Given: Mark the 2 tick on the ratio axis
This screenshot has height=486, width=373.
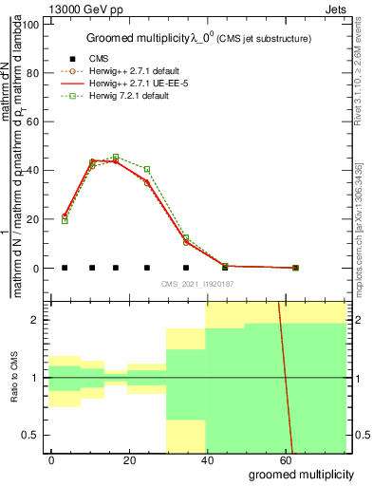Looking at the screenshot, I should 37,320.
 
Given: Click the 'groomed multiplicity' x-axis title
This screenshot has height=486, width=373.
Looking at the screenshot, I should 301,473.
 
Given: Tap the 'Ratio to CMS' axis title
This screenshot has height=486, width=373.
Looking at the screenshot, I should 14,378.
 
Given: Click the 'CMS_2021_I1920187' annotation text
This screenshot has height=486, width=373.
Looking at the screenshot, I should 197,284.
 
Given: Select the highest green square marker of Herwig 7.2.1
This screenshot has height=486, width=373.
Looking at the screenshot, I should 116,157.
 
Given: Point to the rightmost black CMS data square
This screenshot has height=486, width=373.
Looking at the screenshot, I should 295,268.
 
